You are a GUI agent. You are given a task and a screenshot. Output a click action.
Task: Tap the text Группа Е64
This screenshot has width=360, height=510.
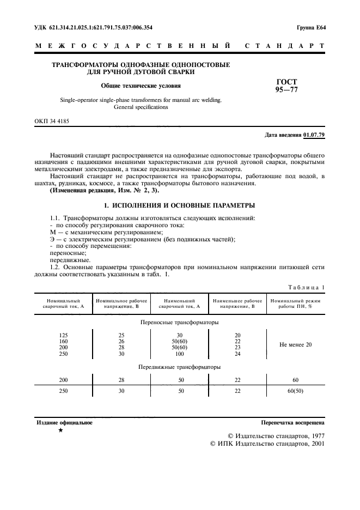[x=310, y=27]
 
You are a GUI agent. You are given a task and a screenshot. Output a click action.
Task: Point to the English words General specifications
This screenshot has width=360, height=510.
[x=141, y=107]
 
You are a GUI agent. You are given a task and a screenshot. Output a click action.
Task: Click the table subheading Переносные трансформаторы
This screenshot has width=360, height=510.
[x=179, y=322]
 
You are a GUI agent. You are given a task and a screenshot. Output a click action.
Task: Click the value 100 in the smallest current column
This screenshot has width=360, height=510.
[x=179, y=354]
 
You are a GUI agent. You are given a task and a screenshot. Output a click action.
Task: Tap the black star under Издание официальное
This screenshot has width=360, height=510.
[x=60, y=430]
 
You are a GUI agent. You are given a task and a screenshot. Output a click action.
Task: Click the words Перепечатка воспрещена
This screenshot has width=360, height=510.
[x=293, y=422]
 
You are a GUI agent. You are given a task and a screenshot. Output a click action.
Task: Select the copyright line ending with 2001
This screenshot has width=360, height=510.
[x=267, y=444]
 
